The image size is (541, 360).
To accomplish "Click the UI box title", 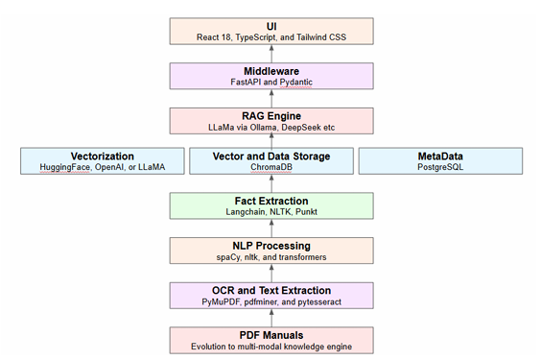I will tap(270, 24).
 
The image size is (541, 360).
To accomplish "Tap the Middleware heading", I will tap(270, 70).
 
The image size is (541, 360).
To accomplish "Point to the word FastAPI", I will tap(247, 83).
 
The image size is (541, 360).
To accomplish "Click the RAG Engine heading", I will tap(270, 115).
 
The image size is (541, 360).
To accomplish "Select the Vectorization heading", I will tap(102, 156).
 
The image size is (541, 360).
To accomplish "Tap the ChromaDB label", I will tap(270, 167).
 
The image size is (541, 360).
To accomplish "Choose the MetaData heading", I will tap(439, 156).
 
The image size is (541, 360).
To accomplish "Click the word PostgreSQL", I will tap(439, 167).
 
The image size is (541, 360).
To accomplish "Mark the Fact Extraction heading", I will tap(270, 200).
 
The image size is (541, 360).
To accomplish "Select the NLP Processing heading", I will tap(270, 246).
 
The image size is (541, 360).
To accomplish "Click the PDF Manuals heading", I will tap(270, 334).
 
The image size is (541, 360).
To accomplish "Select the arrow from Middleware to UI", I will tap(270, 53).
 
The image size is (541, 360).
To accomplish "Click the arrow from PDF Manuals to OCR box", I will tap(270, 319).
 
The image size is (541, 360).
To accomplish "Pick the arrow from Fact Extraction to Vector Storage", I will tap(270, 183).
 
